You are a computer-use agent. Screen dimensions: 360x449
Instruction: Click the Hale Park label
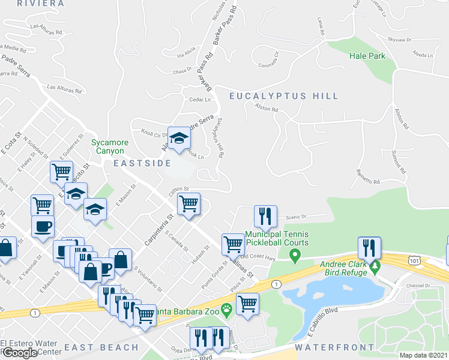367,56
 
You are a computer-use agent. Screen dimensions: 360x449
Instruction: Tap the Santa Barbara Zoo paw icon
226,311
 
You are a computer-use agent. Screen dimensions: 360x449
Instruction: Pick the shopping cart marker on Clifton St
189,204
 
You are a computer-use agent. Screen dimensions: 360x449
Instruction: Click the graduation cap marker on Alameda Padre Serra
178,139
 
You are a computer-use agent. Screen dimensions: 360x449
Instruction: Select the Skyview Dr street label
399,40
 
